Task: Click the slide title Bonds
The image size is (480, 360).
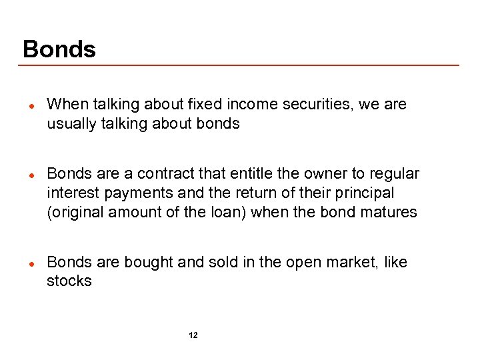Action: coord(59,49)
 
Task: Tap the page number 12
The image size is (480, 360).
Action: coord(193,335)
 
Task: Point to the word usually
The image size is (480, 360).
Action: coord(69,124)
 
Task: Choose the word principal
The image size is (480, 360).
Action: coord(364,193)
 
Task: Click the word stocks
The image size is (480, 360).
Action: coord(69,281)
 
